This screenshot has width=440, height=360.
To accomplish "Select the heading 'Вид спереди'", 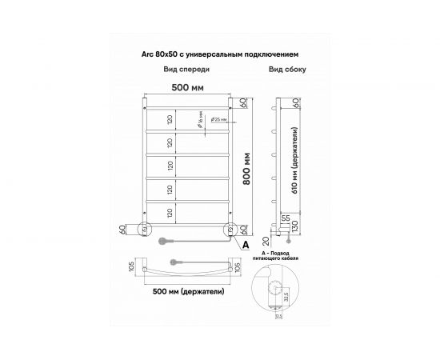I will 175,70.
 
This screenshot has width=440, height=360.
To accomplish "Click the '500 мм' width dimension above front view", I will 186,87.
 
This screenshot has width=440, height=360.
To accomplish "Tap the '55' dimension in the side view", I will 285,217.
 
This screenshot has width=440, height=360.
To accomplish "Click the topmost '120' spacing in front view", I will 170,120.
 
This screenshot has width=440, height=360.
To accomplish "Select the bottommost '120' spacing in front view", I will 170,212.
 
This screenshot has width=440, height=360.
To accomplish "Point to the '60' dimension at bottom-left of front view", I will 121,230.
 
